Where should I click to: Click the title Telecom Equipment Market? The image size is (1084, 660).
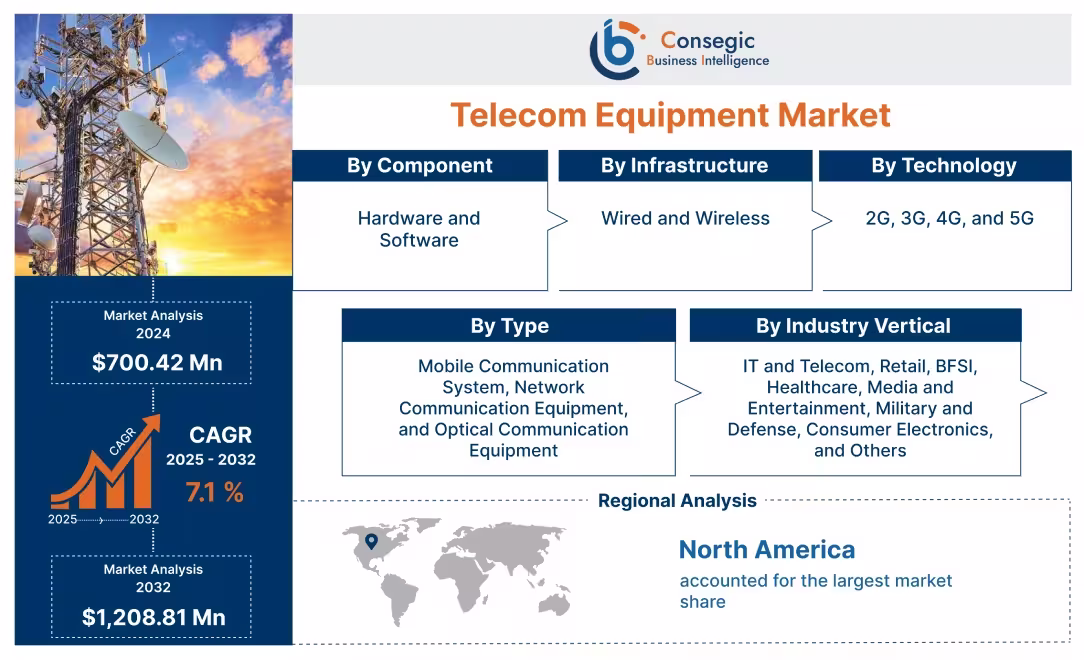[x=669, y=114]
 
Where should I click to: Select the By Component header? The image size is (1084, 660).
[x=419, y=166]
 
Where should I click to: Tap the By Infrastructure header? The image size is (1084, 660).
[x=684, y=166]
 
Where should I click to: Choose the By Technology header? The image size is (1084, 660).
[x=943, y=166]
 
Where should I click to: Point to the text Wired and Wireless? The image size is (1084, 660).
[x=685, y=218]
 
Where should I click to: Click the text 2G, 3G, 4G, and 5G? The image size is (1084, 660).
[x=949, y=218]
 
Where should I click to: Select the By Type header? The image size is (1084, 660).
[x=509, y=326]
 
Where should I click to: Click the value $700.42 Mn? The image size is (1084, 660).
[x=157, y=362]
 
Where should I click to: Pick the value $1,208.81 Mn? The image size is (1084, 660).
[x=153, y=617]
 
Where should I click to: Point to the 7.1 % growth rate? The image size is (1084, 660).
[x=214, y=492]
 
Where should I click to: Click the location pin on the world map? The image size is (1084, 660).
[x=371, y=541]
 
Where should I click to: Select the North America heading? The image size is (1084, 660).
[x=767, y=549]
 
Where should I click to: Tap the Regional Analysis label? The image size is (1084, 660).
[x=677, y=500]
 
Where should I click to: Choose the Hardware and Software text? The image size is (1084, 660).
[x=419, y=229]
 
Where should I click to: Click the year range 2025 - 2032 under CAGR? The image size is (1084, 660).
[x=211, y=460]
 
